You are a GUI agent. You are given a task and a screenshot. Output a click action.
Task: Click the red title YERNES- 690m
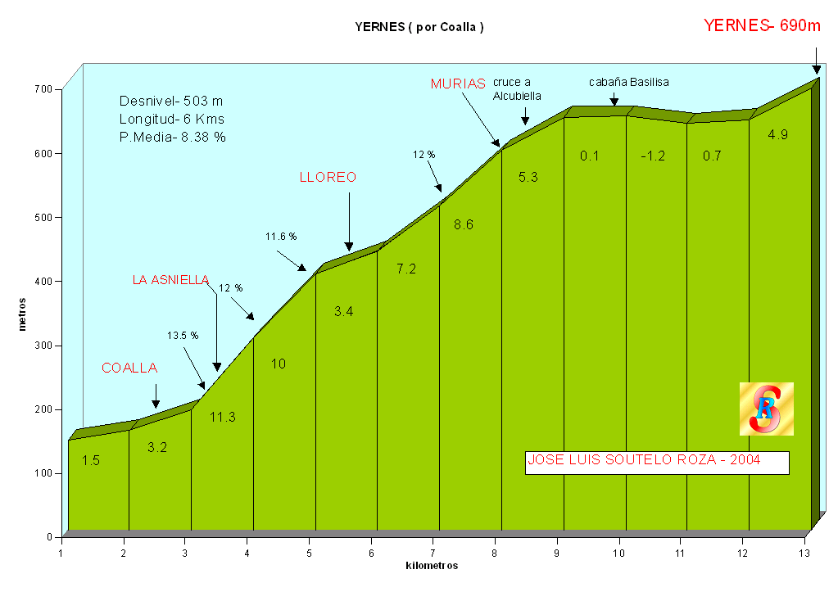click(x=762, y=25)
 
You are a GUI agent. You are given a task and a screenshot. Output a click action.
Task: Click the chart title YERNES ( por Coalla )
click(x=419, y=26)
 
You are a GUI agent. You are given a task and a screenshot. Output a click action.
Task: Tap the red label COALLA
click(x=129, y=368)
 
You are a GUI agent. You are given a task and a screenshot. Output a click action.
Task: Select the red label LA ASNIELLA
click(x=171, y=280)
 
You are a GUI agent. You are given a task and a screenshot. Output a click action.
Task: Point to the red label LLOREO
click(x=328, y=177)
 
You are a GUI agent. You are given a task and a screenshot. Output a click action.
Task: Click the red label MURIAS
click(x=458, y=84)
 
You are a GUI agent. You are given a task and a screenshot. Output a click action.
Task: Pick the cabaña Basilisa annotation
click(x=629, y=82)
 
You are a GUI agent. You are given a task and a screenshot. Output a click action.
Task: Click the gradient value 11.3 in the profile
click(x=222, y=417)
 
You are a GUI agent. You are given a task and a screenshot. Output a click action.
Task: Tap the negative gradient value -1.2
click(x=652, y=156)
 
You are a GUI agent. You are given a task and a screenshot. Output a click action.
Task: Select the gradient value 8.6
click(x=464, y=224)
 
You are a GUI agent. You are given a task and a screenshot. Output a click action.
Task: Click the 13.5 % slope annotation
click(x=183, y=335)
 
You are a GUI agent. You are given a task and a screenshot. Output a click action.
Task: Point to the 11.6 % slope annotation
click(x=281, y=237)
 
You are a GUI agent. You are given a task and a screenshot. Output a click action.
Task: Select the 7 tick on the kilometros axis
click(x=433, y=553)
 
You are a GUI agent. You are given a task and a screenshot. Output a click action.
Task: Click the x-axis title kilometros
click(x=432, y=566)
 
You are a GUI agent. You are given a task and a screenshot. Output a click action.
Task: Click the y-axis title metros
click(x=22, y=314)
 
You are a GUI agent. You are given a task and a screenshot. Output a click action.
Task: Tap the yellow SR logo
click(x=766, y=409)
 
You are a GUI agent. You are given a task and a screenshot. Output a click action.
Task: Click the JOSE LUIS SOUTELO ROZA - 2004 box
click(x=656, y=461)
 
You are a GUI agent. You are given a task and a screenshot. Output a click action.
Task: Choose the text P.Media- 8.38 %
click(x=172, y=138)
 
